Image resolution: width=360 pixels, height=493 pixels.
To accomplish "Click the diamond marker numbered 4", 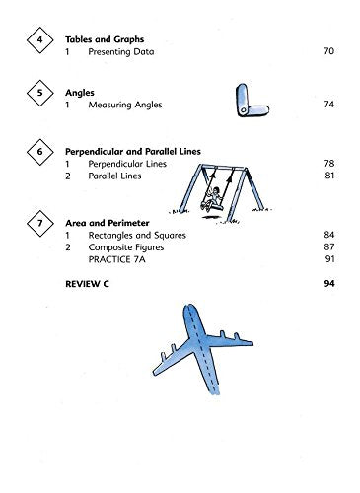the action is click(40, 39).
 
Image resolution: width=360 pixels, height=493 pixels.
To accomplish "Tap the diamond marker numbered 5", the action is click(40, 93).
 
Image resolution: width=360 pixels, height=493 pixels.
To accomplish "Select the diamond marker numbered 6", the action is click(40, 152).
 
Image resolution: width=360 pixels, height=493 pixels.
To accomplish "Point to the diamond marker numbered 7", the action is click(40, 223).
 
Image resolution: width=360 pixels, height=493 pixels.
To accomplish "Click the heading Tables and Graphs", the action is click(105, 39).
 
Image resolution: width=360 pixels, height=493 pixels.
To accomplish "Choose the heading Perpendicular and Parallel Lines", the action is click(133, 152).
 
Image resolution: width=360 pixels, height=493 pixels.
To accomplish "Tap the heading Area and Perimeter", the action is click(108, 223).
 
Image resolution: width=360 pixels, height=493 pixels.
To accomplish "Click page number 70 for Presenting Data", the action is click(328, 51).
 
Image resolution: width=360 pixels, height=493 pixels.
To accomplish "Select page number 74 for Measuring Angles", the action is click(328, 105).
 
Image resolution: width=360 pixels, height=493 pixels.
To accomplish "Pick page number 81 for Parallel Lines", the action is click(329, 176).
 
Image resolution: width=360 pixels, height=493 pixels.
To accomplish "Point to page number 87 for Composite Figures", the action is click(329, 246).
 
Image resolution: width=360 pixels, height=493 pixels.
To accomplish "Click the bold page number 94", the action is click(329, 283).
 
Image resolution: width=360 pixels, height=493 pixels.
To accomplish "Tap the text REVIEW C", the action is click(87, 284).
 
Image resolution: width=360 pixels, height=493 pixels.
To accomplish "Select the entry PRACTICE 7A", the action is click(116, 259).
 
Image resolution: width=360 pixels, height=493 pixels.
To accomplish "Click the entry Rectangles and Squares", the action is click(137, 235).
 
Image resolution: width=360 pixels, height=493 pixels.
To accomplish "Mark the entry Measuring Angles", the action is click(125, 105).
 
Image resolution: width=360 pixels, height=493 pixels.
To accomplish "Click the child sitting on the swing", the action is click(212, 198).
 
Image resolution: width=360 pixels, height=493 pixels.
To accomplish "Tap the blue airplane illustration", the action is click(203, 348).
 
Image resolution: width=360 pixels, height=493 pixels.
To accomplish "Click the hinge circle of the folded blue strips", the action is click(244, 109).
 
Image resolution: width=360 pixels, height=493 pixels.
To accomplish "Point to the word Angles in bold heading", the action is click(80, 93).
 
